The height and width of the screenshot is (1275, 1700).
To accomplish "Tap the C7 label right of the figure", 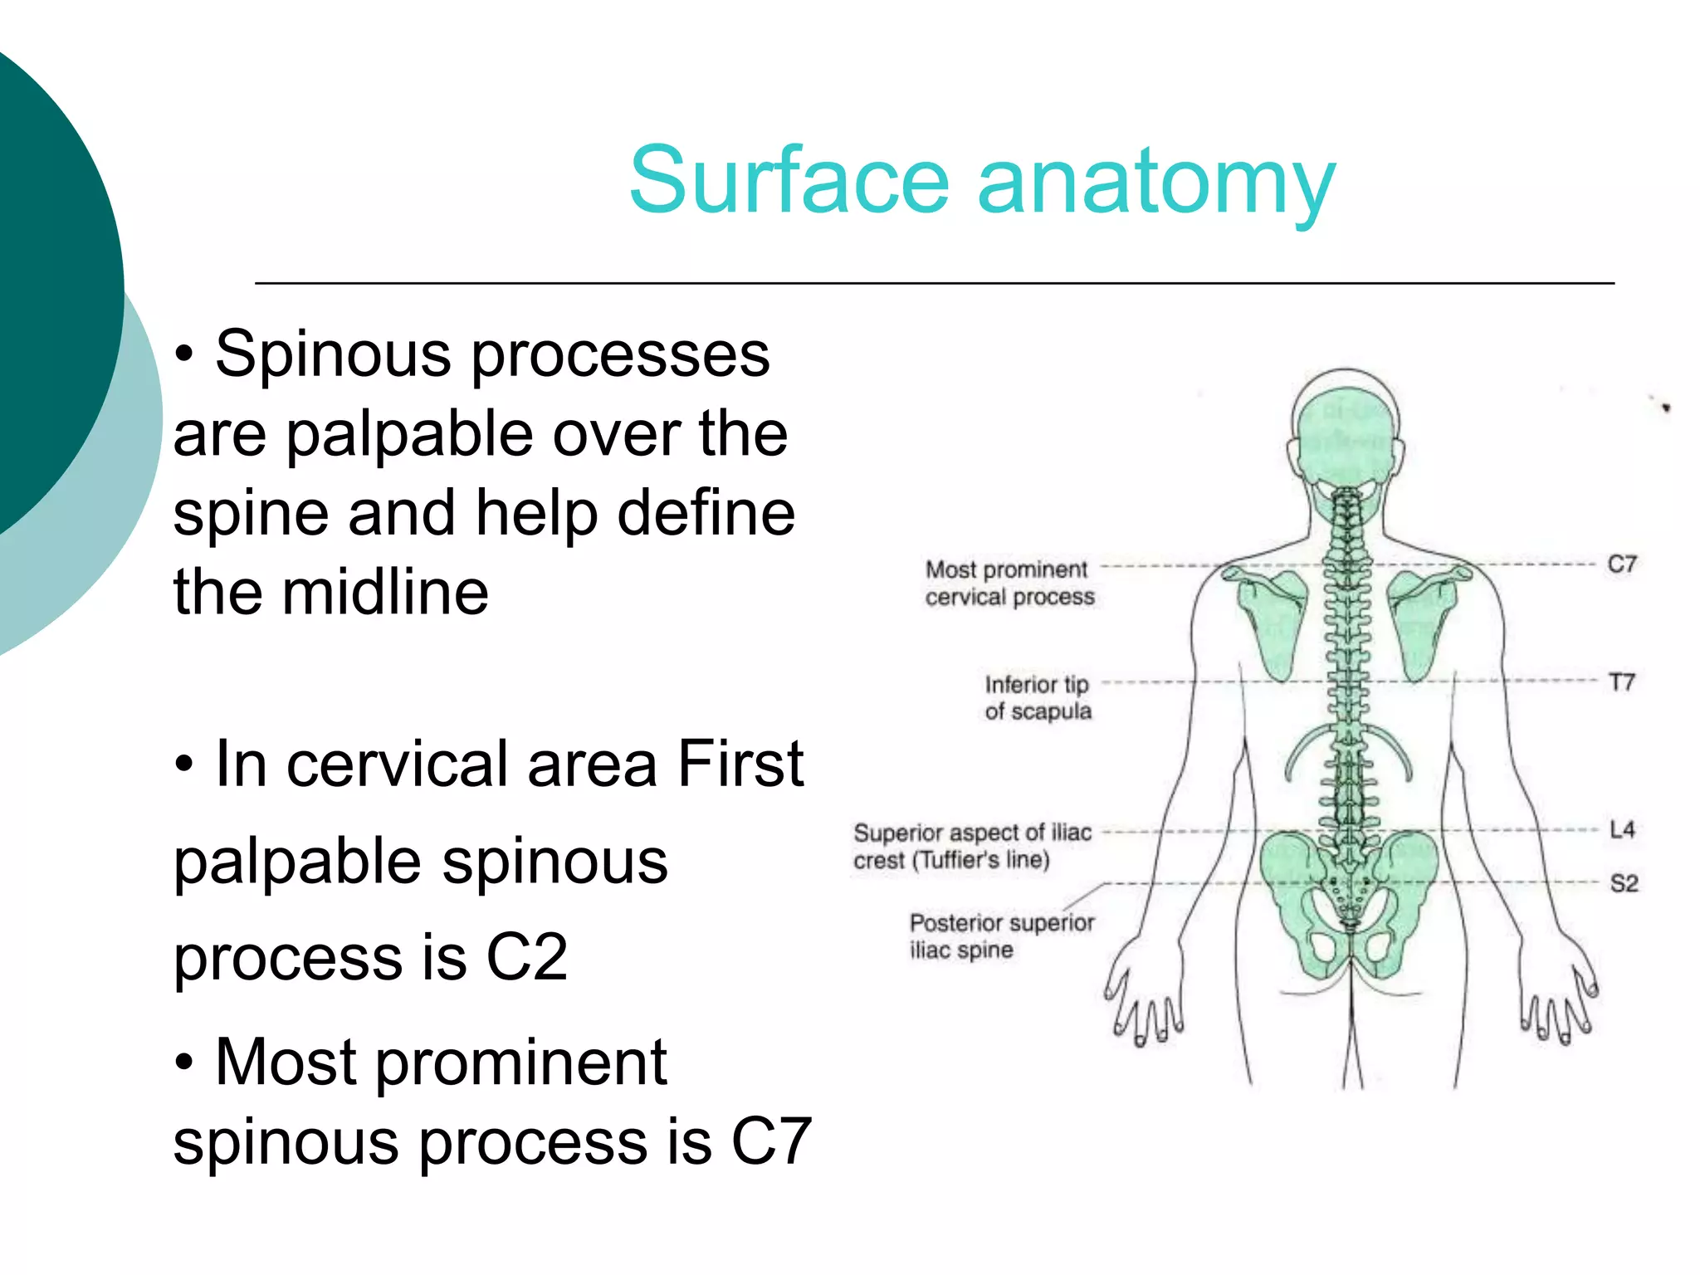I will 1621,564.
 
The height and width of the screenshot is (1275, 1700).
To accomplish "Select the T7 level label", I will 1621,682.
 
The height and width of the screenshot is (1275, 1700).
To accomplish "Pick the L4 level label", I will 1621,829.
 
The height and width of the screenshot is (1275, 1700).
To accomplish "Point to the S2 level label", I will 1624,883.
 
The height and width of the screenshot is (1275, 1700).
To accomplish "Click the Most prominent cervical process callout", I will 1009,583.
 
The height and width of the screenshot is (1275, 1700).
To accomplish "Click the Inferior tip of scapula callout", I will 1038,697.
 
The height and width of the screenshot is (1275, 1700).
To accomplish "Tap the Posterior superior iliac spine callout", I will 1001,935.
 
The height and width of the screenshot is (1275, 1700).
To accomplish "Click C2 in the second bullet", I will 526,957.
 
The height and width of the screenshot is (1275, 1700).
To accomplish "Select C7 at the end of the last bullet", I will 770,1142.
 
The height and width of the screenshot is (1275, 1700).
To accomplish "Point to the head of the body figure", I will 1346,432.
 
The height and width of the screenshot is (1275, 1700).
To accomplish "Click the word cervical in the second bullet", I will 397,764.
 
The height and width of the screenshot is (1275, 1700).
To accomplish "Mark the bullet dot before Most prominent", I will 184,1062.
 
